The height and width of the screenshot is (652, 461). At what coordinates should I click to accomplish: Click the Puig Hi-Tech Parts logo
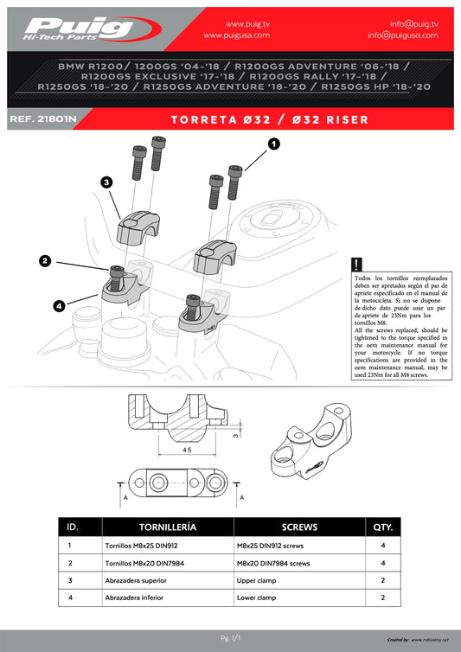[x=92, y=29]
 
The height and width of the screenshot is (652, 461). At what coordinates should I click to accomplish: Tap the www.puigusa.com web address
[x=237, y=35]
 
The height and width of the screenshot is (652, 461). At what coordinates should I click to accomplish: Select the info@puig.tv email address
[x=414, y=24]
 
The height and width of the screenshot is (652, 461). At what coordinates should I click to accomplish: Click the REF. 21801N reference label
[x=43, y=119]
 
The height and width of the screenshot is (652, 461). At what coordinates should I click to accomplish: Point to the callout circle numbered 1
[x=273, y=144]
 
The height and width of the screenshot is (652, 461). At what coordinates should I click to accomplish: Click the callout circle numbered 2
[x=45, y=261]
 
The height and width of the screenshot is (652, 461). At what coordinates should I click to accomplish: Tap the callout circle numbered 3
[x=107, y=182]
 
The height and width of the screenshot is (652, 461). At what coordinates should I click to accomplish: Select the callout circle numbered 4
[x=59, y=306]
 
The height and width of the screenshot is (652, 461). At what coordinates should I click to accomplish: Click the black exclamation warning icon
[x=356, y=265]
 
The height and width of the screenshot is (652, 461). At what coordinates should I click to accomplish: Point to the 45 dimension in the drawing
[x=187, y=450]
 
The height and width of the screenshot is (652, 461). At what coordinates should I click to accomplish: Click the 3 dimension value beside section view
[x=236, y=435]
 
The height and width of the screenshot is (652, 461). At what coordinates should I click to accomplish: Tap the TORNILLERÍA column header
[x=168, y=527]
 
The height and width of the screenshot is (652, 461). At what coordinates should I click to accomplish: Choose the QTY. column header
[x=383, y=527]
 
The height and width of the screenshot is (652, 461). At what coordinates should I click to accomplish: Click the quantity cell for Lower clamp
[x=383, y=598]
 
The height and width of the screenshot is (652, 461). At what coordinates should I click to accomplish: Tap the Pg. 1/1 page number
[x=230, y=638]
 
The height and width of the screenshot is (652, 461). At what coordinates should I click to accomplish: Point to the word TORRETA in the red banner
[x=204, y=119]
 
